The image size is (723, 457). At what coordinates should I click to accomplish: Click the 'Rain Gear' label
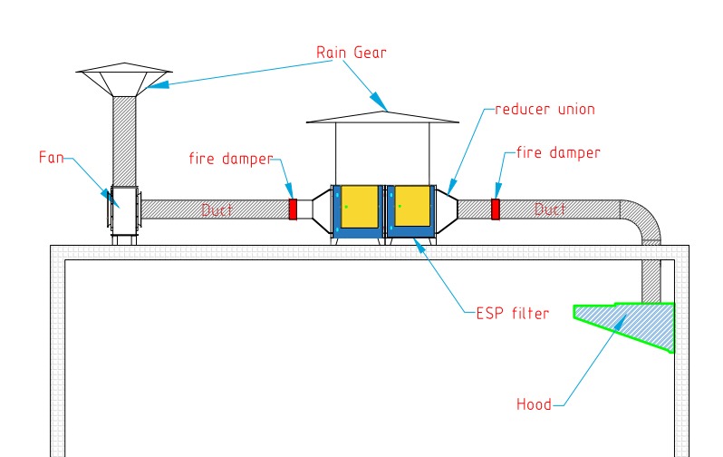[x=351, y=53]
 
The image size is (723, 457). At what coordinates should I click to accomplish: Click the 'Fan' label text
[x=52, y=157]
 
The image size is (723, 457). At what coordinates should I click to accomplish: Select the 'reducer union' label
[x=545, y=110]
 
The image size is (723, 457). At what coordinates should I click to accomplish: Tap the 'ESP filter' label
[x=512, y=314]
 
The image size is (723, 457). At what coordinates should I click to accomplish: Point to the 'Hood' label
[x=533, y=404]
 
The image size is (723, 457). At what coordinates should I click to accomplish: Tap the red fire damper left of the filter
[x=293, y=209]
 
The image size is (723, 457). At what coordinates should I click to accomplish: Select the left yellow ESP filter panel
[x=359, y=207]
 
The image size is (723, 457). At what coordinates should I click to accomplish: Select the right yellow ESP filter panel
[x=412, y=207]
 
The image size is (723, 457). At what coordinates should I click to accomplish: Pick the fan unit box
[x=123, y=210]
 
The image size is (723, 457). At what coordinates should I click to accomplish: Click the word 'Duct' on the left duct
[x=217, y=210]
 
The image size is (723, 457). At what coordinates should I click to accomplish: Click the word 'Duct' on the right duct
[x=550, y=209]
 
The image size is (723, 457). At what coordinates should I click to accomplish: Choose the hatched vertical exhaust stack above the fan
[x=124, y=141]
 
